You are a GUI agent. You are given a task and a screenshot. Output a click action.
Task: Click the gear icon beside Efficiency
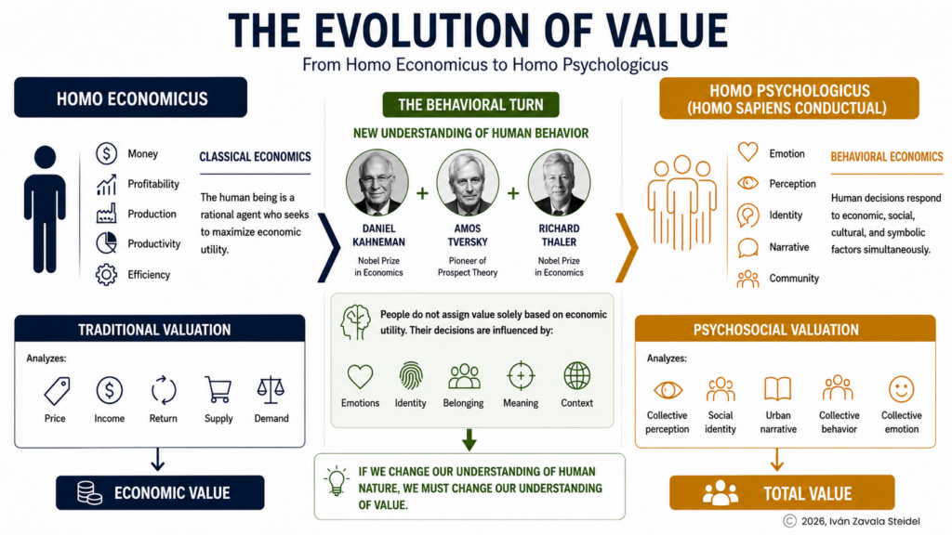coord(106,275)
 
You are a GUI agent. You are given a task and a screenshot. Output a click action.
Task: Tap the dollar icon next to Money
coord(106,153)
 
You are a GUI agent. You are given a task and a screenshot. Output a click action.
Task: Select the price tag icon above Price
coord(57,390)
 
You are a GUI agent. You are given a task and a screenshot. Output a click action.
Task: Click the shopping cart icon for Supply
coord(218,389)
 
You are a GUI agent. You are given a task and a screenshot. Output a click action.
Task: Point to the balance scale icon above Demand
coord(271,389)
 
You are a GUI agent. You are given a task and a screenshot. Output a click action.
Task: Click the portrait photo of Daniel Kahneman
coord(377,183)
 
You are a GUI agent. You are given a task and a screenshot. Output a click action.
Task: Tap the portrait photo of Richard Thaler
coord(559,183)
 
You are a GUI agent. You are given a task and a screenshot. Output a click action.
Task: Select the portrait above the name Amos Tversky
coord(468,183)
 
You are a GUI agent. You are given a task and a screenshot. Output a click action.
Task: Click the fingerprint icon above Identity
coord(411,376)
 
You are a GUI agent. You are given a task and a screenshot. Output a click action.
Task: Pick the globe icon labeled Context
coord(576,376)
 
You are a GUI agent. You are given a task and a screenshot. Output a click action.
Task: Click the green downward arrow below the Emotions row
coord(469,439)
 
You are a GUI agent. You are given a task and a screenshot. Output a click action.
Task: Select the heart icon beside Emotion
coord(748,151)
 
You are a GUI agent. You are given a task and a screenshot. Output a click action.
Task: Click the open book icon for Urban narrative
coord(778,389)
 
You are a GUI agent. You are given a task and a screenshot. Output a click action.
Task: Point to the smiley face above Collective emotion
coord(901,389)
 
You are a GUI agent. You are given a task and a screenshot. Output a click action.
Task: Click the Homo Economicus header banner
coord(130,98)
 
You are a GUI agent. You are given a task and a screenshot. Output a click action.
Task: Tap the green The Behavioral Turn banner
coord(470,105)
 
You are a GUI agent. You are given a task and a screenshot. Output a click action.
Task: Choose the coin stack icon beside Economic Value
coord(89,492)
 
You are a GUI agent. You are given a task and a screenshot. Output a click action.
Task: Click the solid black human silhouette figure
coord(45,209)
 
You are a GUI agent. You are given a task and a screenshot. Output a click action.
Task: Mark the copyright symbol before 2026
coord(789,521)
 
